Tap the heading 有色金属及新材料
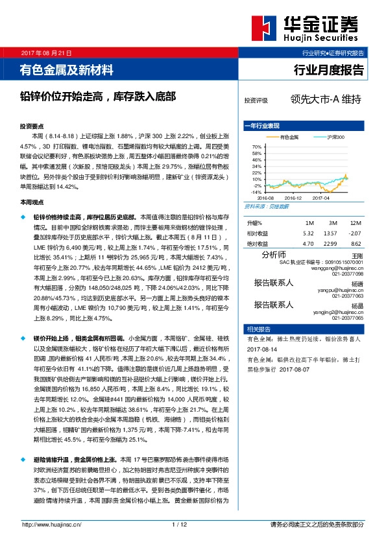[x=67, y=69]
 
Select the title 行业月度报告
[x=330, y=69]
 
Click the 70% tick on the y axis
[x=257, y=148]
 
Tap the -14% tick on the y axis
[x=257, y=192]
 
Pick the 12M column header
[x=355, y=222]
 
